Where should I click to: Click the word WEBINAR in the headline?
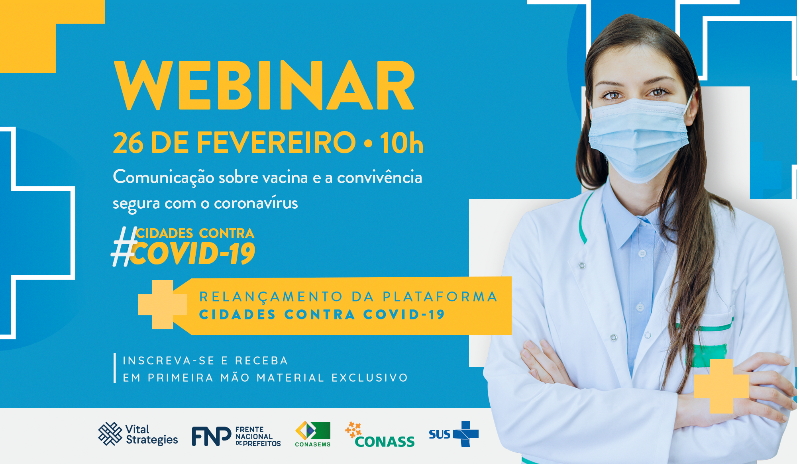(264, 86)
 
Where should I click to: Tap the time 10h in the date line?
(401, 143)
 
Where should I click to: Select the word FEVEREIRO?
(276, 143)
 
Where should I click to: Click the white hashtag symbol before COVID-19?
(124, 247)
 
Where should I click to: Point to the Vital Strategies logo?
(138, 434)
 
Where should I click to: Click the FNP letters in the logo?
(211, 436)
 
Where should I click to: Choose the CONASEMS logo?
(313, 434)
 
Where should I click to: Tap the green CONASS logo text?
(385, 442)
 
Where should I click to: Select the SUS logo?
(453, 434)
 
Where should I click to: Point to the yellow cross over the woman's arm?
(721, 386)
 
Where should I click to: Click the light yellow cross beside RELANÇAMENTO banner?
(162, 304)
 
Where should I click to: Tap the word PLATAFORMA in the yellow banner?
(440, 297)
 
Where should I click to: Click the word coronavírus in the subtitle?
(256, 203)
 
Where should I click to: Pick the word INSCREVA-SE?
(169, 361)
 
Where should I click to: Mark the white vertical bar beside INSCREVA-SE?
(115, 368)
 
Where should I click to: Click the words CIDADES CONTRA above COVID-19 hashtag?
(195, 233)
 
